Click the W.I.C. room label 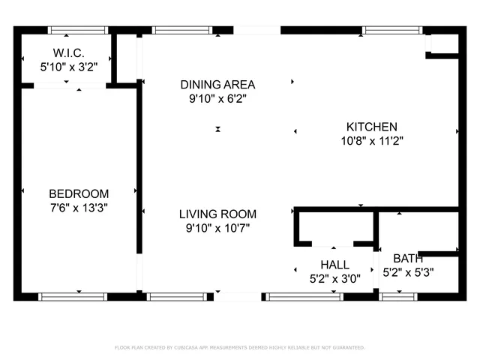[x=68, y=53]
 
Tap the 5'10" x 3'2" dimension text [x=68, y=67]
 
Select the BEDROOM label [x=79, y=193]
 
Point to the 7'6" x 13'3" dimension [x=79, y=208]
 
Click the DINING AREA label [x=217, y=84]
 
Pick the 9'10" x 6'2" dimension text [x=217, y=97]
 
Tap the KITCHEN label [x=371, y=127]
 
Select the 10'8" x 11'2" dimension [x=371, y=140]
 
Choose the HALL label [x=334, y=265]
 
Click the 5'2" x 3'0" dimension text [x=334, y=278]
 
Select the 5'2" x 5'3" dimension [x=408, y=272]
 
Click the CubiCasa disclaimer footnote [x=239, y=347]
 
